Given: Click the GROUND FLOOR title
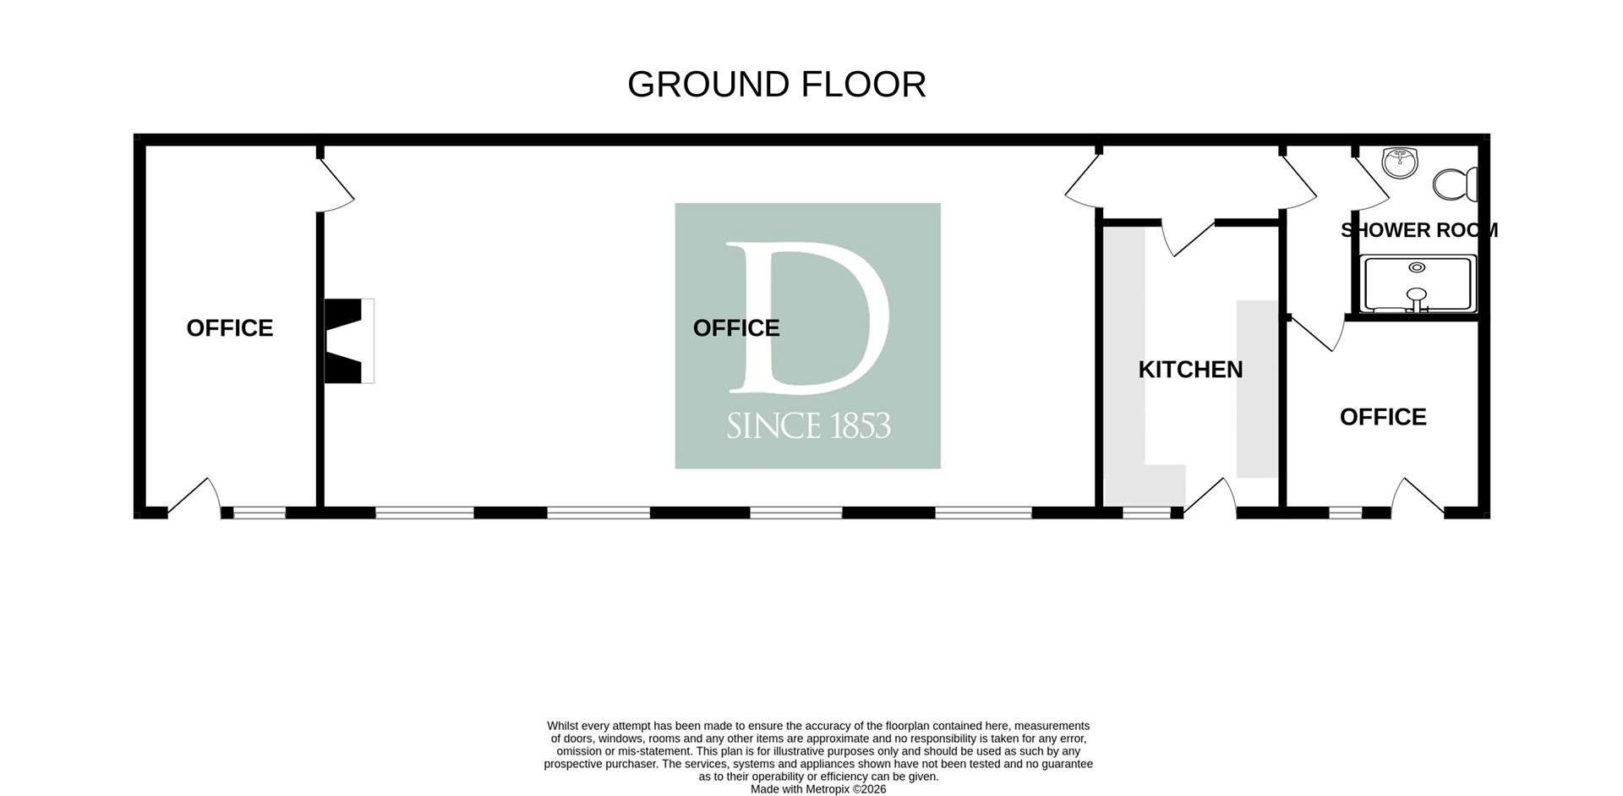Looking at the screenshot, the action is click(x=777, y=85).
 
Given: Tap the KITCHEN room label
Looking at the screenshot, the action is click(x=1190, y=370).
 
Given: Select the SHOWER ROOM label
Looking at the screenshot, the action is click(x=1419, y=230).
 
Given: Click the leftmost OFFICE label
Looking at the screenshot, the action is click(x=230, y=328).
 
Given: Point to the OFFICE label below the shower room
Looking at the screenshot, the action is click(x=1383, y=417).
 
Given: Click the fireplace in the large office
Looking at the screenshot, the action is click(x=349, y=341).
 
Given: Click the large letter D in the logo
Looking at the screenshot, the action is click(x=808, y=318).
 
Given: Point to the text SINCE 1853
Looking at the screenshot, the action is click(x=808, y=425).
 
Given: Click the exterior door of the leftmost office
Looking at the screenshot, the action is click(x=194, y=497).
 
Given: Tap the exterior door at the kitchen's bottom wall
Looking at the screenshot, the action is click(x=1210, y=497).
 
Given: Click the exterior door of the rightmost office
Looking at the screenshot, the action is click(x=1418, y=497).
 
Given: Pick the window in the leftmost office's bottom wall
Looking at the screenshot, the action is click(x=260, y=513).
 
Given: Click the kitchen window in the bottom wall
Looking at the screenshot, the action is click(x=1146, y=513).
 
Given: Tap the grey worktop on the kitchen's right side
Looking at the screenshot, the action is click(x=1258, y=389).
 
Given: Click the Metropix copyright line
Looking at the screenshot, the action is click(x=818, y=789).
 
